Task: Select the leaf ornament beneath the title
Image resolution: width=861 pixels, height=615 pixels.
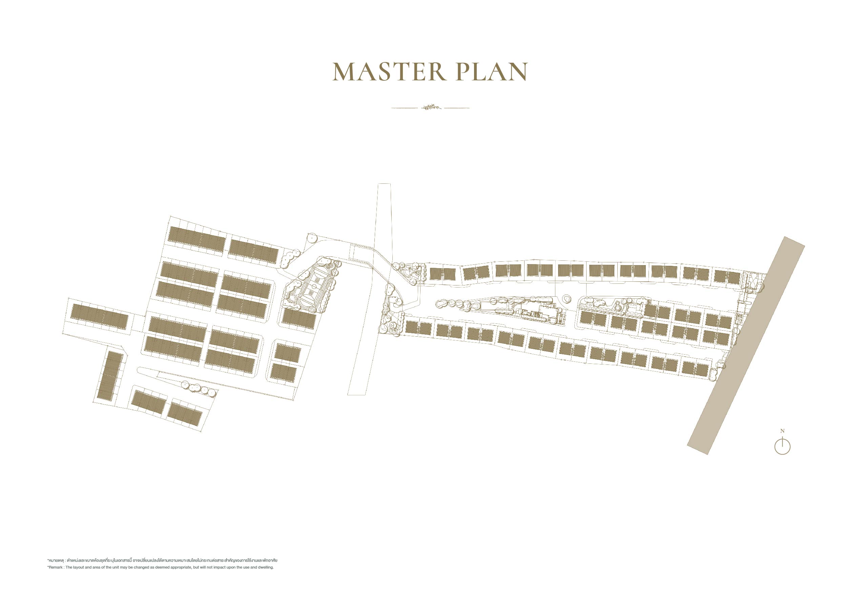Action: pyautogui.click(x=431, y=107)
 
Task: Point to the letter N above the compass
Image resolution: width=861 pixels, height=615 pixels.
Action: pyautogui.click(x=782, y=431)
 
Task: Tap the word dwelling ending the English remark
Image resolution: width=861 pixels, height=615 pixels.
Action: pyautogui.click(x=266, y=567)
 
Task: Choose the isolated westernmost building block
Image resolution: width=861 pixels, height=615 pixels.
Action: pyautogui.click(x=99, y=317)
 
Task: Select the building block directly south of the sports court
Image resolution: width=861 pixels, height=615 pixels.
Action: pyautogui.click(x=299, y=319)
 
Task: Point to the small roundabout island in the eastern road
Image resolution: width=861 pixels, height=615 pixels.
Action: pyautogui.click(x=567, y=299)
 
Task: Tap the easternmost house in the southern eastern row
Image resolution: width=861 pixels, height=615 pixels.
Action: pyautogui.click(x=695, y=369)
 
